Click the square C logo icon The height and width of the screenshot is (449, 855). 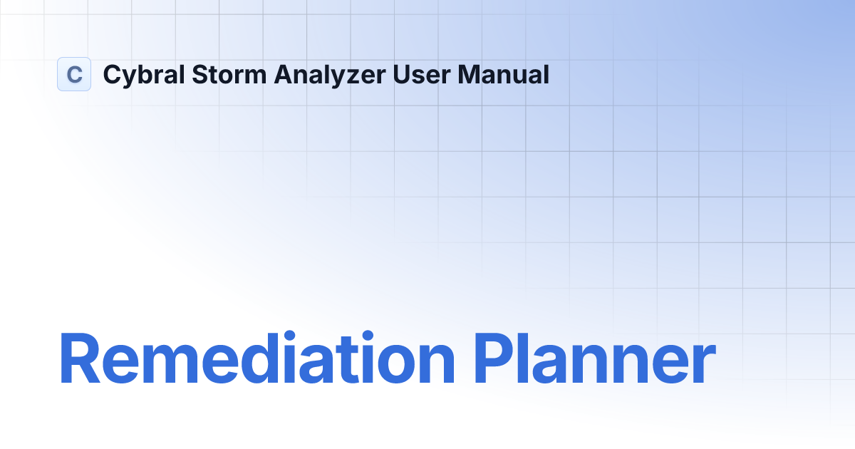74,74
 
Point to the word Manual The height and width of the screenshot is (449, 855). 503,74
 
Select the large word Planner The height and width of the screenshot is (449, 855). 595,360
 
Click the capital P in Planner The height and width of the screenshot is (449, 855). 495,360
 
